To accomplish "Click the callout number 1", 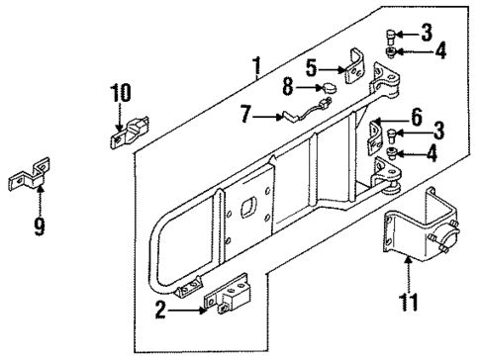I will tap(256, 68).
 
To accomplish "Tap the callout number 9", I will tap(41, 226).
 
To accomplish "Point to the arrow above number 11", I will tap(408, 267).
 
